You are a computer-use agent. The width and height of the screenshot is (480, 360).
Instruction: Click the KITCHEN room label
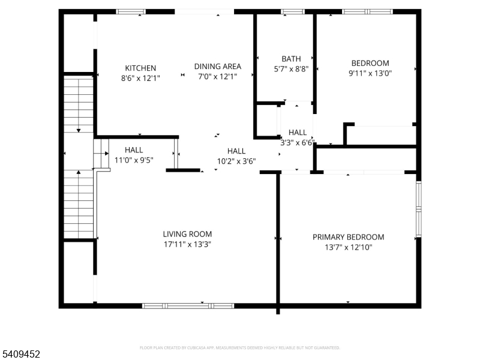140,68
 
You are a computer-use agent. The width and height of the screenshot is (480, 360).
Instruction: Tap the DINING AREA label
217,67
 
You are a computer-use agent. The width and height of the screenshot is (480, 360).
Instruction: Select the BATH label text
291,59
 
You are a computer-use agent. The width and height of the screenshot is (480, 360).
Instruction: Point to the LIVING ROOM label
187,234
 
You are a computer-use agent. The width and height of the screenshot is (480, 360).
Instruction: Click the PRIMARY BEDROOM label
348,237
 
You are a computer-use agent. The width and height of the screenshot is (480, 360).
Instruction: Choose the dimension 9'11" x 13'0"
370,73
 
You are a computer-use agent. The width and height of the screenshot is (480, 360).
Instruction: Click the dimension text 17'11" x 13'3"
187,244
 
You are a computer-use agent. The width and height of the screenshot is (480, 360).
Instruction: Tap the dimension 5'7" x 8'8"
291,69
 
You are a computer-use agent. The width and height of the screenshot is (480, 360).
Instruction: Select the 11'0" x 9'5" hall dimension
134,160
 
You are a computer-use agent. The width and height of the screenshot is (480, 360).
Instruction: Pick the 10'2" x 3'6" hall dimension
236,161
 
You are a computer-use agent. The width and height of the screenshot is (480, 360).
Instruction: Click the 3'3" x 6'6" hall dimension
298,143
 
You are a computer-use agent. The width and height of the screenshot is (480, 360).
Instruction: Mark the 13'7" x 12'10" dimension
348,247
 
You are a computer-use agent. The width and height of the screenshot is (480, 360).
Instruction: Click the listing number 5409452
21,355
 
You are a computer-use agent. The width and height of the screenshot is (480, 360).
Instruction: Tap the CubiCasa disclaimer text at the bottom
240,347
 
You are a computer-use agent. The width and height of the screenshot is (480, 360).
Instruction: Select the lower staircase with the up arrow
78,204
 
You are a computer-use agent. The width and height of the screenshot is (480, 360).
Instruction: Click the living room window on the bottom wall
188,306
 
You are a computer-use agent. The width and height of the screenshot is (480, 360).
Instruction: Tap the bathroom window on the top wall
292,11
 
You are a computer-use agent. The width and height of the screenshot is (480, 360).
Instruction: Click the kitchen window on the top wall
130,11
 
